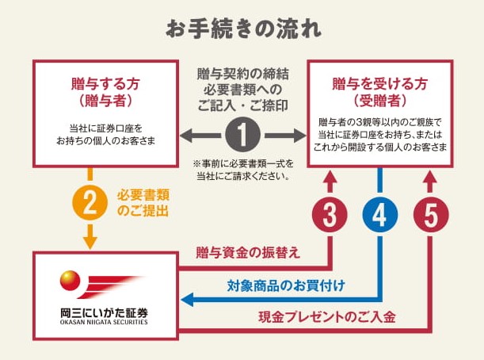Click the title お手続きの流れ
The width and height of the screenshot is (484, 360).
click(242, 27)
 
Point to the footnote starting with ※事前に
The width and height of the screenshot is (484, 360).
click(242, 169)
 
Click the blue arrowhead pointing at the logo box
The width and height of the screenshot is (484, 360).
click(188, 299)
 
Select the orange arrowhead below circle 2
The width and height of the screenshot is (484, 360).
click(90, 239)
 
